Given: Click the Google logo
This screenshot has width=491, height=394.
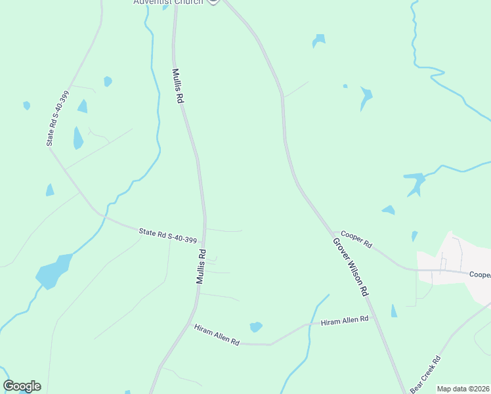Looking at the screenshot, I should (x=22, y=386).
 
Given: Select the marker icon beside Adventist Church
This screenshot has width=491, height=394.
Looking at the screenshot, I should (x=213, y=2).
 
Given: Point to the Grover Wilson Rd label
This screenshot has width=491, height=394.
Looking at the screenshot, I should (x=350, y=267).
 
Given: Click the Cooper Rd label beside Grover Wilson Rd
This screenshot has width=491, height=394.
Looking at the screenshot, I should (x=356, y=240).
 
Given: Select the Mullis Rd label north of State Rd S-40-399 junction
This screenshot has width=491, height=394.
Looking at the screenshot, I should (x=177, y=86).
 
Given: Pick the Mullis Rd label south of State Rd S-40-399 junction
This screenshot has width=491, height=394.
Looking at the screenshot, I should (x=202, y=266).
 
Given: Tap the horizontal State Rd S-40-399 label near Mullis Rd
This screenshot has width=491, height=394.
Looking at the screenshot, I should (x=168, y=236).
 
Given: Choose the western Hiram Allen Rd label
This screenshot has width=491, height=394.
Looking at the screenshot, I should (x=217, y=334).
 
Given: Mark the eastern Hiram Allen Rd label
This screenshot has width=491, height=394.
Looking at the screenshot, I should (x=345, y=320).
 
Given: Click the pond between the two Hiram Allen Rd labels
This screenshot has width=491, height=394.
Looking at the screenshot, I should (x=256, y=326).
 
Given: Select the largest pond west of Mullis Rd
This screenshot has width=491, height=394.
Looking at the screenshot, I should (x=53, y=271).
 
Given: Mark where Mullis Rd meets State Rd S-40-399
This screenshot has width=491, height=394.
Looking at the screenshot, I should (x=205, y=242).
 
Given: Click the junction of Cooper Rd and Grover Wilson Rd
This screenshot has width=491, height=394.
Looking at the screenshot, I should (x=333, y=232).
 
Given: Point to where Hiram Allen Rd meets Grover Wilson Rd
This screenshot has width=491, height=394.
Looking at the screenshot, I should (x=373, y=317).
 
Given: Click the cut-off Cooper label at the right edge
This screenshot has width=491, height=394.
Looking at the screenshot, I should (x=480, y=274).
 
